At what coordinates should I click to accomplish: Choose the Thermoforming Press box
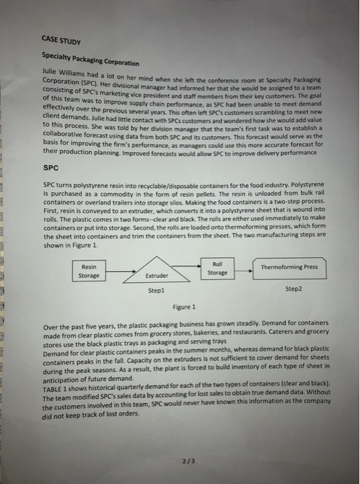(290, 267)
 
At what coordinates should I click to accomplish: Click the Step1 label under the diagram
(156, 292)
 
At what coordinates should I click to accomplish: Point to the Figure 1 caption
(184, 306)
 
